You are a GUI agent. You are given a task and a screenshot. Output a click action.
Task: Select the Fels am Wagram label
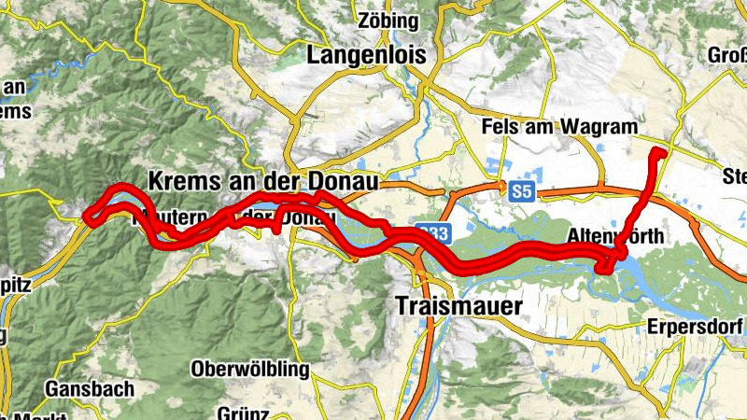click(559, 127)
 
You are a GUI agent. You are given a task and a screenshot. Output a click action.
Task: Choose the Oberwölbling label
click(249, 370)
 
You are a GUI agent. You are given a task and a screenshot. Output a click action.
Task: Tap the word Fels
click(500, 127)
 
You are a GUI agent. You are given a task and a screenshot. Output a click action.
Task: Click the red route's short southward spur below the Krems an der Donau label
click(277, 225)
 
